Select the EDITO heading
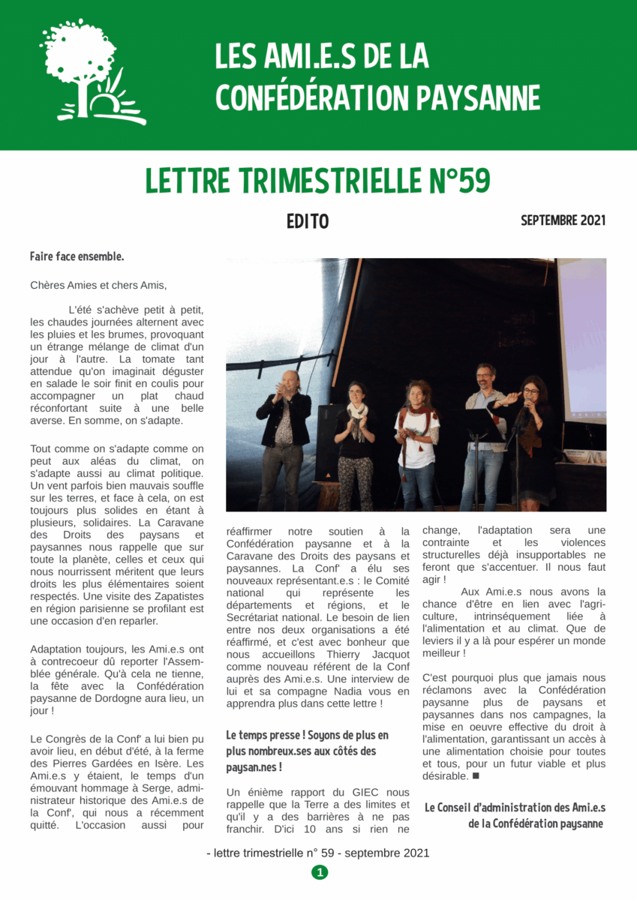(308, 222)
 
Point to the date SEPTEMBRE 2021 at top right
(563, 220)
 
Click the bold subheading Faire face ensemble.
(77, 256)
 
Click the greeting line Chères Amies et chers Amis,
(98, 285)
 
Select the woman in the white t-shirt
(417, 442)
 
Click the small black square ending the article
(475, 776)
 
